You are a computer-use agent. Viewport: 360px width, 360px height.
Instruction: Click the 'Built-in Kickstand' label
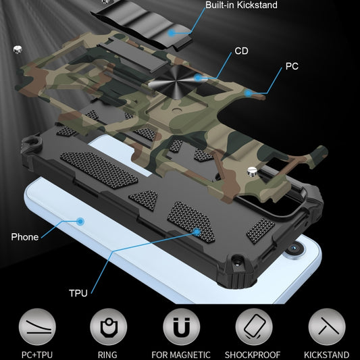[241, 5]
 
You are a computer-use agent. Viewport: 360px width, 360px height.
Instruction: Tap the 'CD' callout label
[241, 51]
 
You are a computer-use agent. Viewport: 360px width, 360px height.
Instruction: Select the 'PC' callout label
[292, 66]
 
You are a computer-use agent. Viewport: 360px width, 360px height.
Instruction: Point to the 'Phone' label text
[24, 237]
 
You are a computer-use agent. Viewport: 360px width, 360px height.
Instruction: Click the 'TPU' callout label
[78, 293]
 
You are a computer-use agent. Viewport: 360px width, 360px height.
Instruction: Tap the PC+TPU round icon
[36, 327]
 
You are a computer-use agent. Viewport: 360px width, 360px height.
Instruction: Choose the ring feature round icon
[107, 327]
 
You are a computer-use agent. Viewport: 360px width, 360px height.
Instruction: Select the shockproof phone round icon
[253, 327]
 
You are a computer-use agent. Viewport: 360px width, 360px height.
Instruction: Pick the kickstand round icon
[326, 327]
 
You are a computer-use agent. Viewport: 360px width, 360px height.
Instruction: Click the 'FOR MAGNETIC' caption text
[180, 355]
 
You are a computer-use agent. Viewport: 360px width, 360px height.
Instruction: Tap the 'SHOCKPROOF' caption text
[254, 355]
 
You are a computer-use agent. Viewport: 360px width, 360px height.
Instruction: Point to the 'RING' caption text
[108, 355]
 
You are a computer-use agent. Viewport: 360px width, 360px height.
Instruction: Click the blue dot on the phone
[80, 221]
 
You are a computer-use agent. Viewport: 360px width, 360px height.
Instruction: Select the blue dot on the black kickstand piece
[173, 32]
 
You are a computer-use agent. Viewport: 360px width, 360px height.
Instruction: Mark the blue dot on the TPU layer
[197, 232]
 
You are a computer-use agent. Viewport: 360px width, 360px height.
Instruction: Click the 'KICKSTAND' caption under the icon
[326, 355]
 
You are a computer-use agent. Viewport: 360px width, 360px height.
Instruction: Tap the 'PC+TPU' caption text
[36, 355]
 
